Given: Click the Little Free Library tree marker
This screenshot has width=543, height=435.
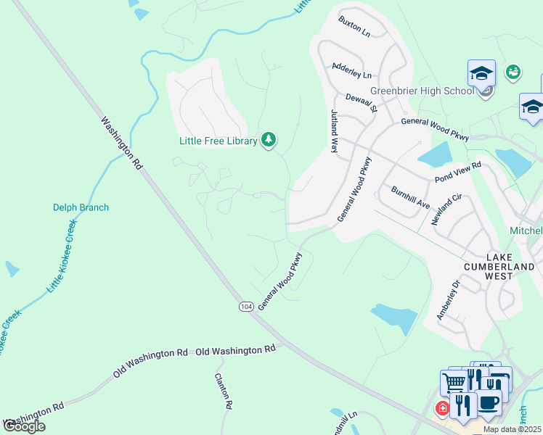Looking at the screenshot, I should (269, 139).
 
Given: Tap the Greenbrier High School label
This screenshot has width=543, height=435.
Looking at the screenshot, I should (422, 91).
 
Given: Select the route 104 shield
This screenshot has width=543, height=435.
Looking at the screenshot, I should (246, 306).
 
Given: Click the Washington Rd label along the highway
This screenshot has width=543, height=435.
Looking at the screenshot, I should (121, 144).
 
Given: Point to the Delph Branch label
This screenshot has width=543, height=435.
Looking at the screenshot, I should (81, 207).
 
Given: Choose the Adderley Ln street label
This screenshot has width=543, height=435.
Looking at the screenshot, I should (351, 70).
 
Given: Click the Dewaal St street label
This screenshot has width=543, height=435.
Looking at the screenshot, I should (362, 103).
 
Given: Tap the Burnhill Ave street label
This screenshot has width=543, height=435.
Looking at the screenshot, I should (411, 197).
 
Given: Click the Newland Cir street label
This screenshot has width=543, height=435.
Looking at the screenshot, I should (446, 210).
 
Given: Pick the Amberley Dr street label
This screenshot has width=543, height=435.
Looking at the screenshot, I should (448, 301).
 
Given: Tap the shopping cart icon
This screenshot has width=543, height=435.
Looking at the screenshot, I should (454, 381).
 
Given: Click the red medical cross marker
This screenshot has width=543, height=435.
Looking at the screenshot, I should (441, 409).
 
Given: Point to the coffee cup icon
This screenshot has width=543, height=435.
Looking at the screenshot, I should (489, 401).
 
